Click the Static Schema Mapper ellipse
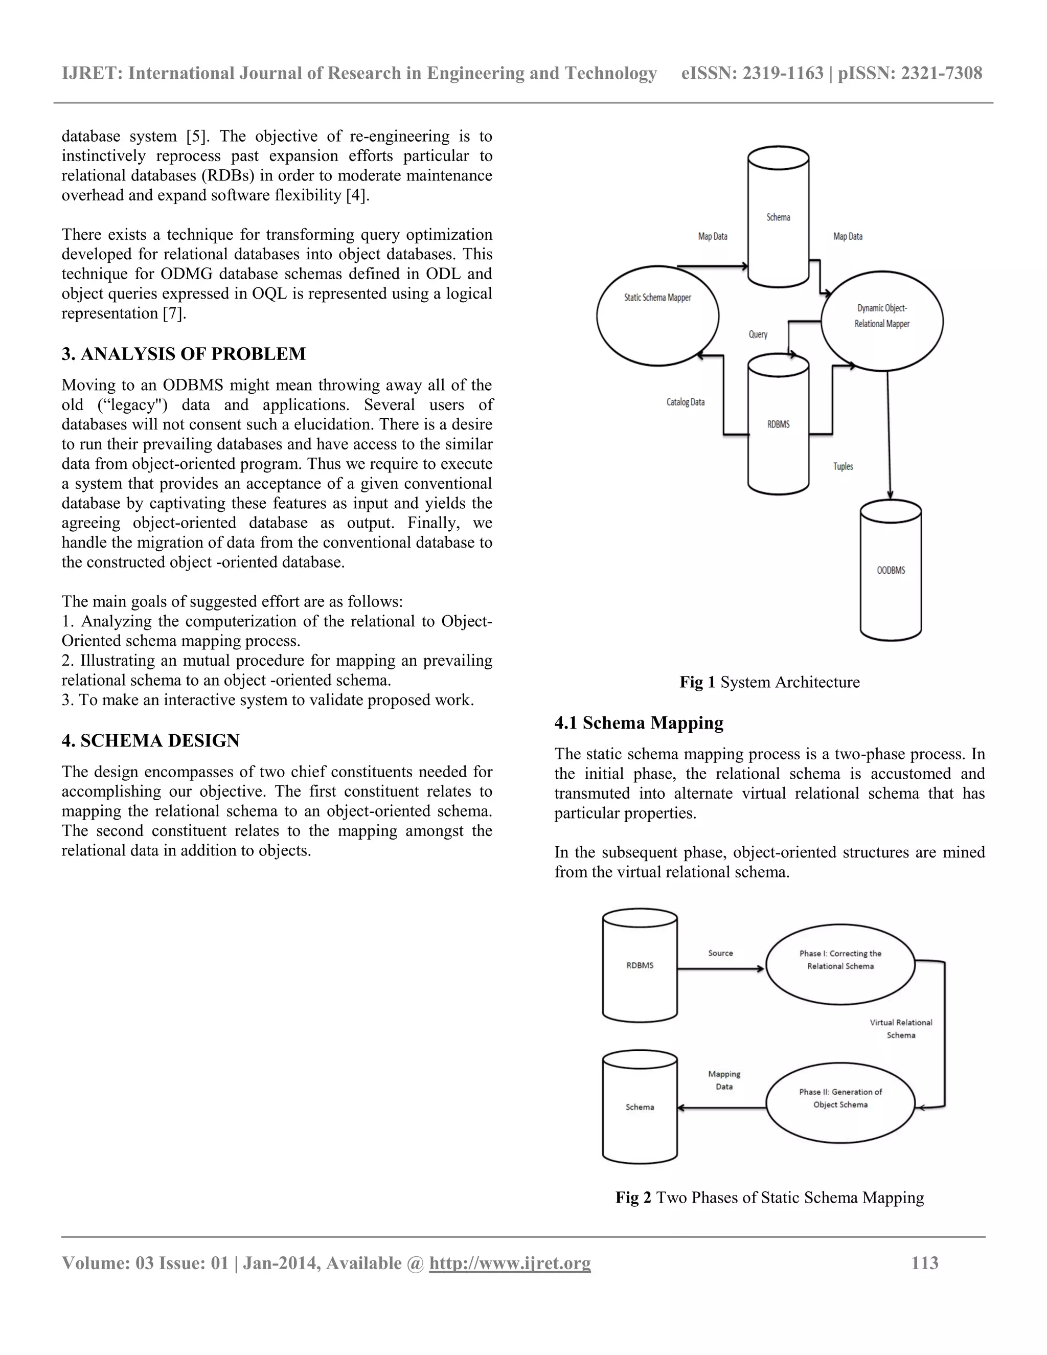657,316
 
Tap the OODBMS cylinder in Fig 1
891,570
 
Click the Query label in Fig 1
758,334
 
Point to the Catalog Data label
686,402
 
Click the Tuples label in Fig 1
843,466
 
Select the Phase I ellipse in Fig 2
840,965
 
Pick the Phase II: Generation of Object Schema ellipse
840,1103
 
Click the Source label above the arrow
720,953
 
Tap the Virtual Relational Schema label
901,1029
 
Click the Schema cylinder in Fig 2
640,1108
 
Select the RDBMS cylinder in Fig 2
640,965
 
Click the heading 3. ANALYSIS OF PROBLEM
184,354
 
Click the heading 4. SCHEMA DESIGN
151,741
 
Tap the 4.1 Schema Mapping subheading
639,723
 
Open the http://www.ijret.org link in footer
510,1263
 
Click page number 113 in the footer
924,1263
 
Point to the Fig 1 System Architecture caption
769,683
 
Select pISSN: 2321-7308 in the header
910,74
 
